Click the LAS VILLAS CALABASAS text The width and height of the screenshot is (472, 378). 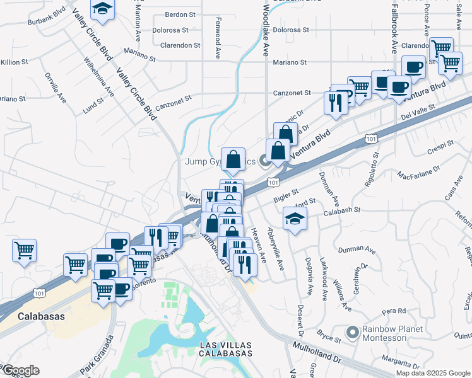(x=226, y=349)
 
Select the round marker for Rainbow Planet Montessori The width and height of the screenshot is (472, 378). (x=353, y=331)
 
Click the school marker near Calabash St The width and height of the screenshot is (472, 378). (x=294, y=218)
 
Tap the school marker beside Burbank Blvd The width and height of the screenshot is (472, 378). (x=101, y=9)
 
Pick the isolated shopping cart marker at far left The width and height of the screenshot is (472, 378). (x=24, y=250)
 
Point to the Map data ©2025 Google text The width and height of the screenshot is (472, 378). (x=433, y=373)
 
